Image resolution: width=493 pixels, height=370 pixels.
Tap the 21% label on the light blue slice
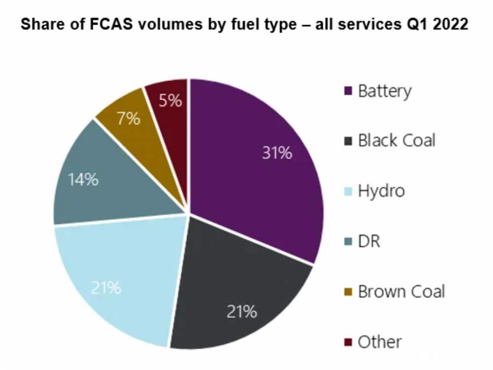(106, 287)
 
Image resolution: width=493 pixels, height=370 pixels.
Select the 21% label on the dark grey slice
(242, 311)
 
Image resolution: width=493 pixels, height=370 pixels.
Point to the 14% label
(83, 180)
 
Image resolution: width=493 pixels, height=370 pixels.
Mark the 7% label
(129, 118)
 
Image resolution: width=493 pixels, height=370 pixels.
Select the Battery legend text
(385, 91)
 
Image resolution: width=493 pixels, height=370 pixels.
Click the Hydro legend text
(381, 191)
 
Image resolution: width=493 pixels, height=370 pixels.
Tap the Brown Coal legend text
(401, 291)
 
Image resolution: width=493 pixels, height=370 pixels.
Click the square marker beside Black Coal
(348, 142)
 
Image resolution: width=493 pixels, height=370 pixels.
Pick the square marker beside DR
(348, 242)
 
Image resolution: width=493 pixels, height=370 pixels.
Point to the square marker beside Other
(348, 341)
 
